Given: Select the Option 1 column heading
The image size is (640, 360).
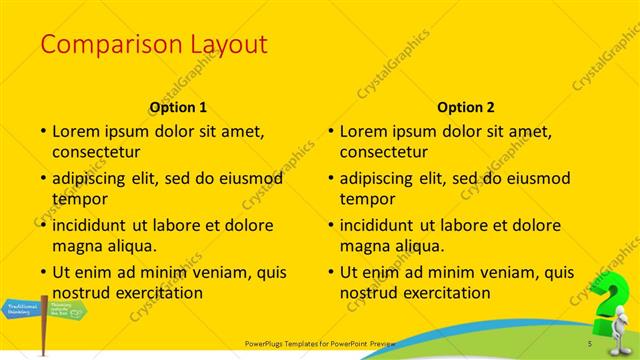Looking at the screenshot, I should [178, 107].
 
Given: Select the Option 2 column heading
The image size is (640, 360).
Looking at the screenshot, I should [466, 107].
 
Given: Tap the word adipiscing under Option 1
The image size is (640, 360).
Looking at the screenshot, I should [93, 178].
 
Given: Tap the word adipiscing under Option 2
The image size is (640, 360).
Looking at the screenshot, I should [381, 178].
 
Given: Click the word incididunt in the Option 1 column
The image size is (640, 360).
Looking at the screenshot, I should [93, 225].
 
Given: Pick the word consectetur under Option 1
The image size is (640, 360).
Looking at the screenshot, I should [96, 151].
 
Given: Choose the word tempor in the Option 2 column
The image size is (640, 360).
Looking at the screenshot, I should [367, 198].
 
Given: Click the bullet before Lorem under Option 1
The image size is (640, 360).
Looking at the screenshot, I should [42, 131].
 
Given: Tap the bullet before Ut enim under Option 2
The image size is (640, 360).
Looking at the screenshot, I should [330, 272].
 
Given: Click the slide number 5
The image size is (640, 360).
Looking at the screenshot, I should [590, 345].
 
